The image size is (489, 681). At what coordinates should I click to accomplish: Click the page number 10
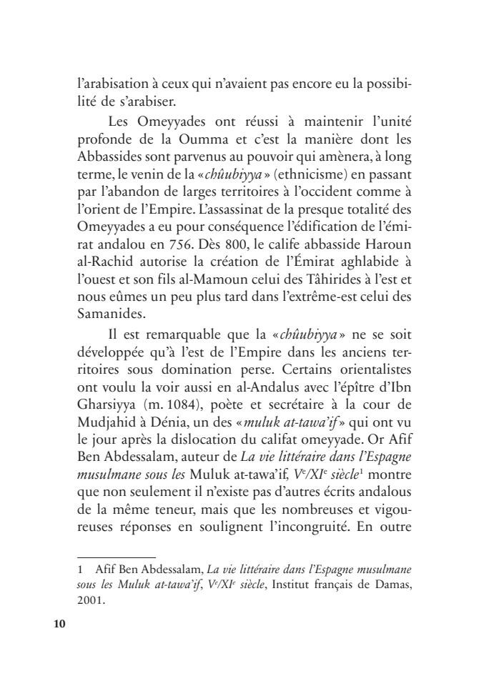[x=59, y=623]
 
